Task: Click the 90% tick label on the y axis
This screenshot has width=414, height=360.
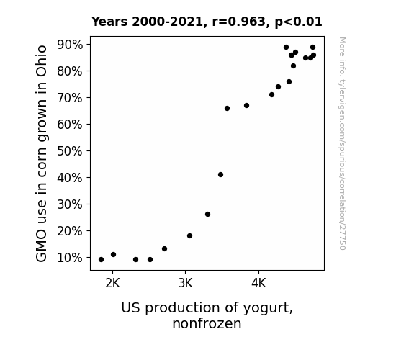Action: tap(69, 45)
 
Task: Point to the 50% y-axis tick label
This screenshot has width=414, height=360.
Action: tap(69, 151)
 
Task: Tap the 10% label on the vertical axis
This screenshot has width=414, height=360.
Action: tap(69, 258)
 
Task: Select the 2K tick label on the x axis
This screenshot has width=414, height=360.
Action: tap(113, 283)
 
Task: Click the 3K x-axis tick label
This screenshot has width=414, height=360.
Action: tap(185, 283)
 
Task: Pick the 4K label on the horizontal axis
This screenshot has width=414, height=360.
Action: tap(258, 283)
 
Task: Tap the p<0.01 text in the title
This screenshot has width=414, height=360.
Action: tap(298, 22)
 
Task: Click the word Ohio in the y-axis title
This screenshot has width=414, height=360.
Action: tap(42, 61)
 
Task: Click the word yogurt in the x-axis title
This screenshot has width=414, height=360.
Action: tap(268, 308)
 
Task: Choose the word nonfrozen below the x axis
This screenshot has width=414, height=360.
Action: tap(207, 323)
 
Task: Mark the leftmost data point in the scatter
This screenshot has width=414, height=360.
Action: tap(101, 260)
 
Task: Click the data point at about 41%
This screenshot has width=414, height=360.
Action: tap(221, 174)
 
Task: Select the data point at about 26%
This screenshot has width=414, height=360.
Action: tap(208, 215)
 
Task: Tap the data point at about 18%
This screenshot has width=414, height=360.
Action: tap(189, 235)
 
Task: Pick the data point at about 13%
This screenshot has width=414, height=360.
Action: tap(164, 249)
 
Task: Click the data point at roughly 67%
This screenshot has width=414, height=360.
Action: tap(247, 105)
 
